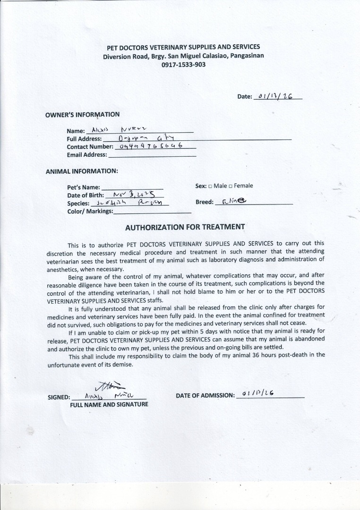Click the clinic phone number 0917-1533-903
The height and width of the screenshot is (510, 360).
point(183,65)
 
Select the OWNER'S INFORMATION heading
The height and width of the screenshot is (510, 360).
point(82,114)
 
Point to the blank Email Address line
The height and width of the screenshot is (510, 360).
point(152,155)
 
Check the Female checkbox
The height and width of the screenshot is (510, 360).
point(231,186)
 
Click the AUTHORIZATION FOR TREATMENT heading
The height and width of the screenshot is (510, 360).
point(185,227)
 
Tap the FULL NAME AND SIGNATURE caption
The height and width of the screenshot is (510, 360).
point(109,404)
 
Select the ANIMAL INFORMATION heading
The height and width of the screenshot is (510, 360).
point(82,171)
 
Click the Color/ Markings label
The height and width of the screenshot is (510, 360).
point(90,211)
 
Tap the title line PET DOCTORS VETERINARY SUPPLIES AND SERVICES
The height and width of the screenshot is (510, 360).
point(183,47)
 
